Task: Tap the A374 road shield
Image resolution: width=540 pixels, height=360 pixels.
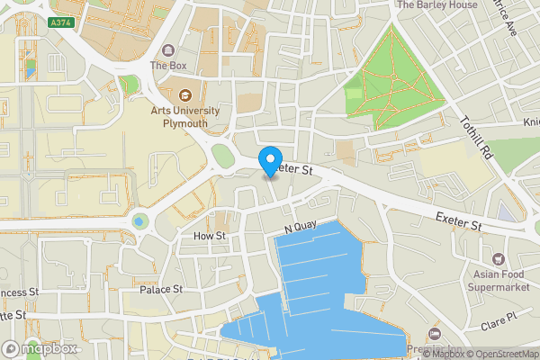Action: pos(61,22)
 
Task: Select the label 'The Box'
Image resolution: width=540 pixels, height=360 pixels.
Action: pos(167,66)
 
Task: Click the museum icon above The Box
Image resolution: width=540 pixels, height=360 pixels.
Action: pos(167,50)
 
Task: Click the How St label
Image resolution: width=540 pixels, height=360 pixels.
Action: pos(209,236)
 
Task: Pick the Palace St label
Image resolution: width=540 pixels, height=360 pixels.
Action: pos(161,290)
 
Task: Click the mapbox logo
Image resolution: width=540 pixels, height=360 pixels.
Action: pos(40,348)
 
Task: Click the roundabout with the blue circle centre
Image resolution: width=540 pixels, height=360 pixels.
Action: pos(139,220)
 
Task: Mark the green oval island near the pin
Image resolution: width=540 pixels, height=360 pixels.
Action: pos(221,157)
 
